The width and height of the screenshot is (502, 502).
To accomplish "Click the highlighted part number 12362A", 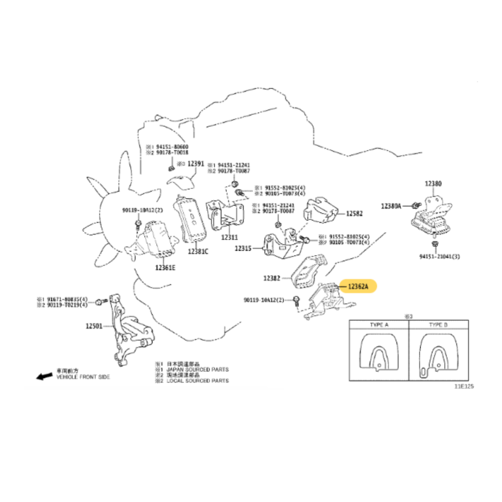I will (x=358, y=287).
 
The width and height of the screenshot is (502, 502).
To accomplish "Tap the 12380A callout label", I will (x=391, y=206).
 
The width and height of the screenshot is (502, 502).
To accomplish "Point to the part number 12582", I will (x=354, y=213).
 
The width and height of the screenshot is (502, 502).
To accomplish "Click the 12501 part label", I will (x=94, y=326).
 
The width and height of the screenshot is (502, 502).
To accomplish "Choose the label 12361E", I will (x=166, y=268).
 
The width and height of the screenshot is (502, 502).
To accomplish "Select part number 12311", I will (x=229, y=236).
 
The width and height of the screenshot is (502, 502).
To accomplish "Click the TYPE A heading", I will (x=379, y=325).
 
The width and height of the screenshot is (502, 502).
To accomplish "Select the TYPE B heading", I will (x=438, y=325).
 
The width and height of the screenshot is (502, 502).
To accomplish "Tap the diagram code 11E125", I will (x=464, y=387).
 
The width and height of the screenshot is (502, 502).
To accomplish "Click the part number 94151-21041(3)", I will (x=440, y=256).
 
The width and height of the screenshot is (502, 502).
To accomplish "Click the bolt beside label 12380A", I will (x=415, y=205).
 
